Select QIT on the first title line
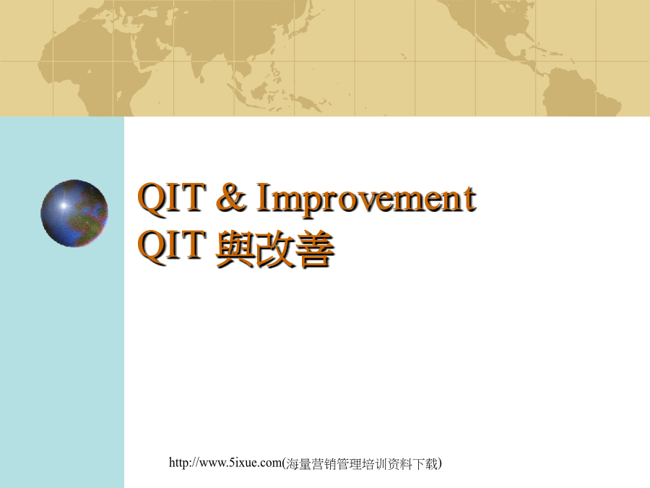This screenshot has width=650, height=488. point(172,197)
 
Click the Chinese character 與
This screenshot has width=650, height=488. point(235,249)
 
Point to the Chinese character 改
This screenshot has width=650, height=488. point(274,249)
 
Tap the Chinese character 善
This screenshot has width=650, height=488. point(314,249)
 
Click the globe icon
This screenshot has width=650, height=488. point(74,213)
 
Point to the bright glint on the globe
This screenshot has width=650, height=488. point(64,205)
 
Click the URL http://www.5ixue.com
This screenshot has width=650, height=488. point(225,462)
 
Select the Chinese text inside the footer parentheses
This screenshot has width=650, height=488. point(362,463)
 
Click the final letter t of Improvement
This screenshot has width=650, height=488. point(470,200)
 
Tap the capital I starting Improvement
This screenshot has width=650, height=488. point(263,197)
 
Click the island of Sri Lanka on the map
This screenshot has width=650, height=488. point(202,78)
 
